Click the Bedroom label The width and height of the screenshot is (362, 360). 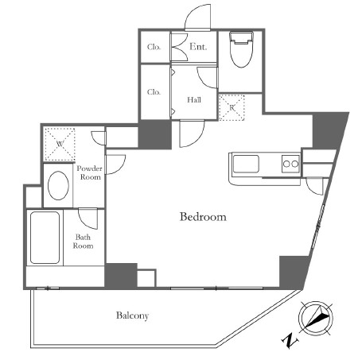point(203,217)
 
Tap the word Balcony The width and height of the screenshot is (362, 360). point(132,315)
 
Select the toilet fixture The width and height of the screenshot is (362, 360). point(241,49)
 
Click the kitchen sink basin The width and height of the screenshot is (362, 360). point(246,164)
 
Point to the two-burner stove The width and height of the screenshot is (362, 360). point(290,164)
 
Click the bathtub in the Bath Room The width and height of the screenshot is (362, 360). point(45,238)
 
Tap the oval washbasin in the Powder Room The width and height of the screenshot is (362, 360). point(58,186)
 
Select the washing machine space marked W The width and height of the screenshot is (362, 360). point(60,145)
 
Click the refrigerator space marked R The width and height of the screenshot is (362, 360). point(232,107)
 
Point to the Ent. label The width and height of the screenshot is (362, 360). point(198,47)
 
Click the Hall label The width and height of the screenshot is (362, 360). point(194,100)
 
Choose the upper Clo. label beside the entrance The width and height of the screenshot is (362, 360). point(154,47)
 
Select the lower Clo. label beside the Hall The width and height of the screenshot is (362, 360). point(154,92)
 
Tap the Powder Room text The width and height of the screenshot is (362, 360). point(90,172)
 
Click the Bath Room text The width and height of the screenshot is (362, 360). point(83,242)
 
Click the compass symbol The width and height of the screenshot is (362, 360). point(316,317)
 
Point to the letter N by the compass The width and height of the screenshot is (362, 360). point(290,341)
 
